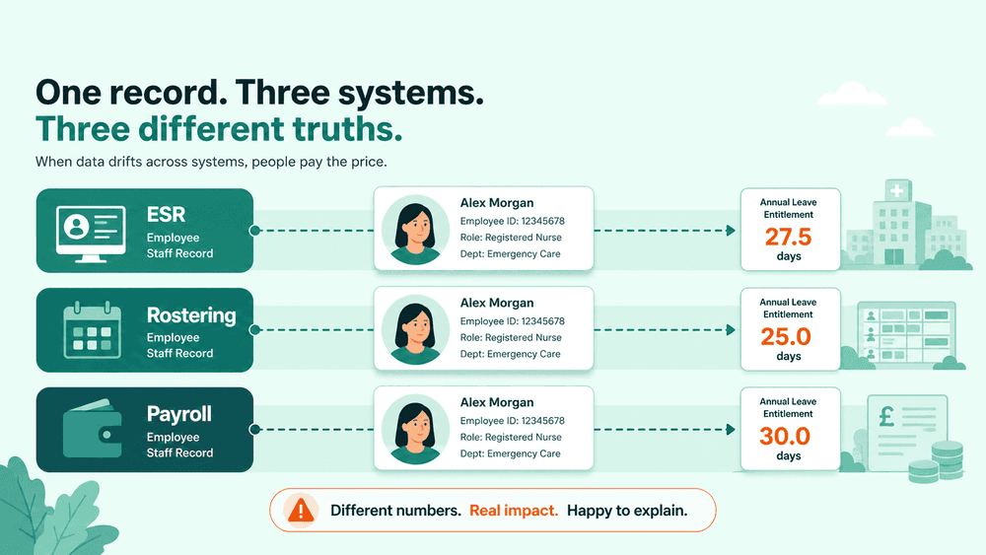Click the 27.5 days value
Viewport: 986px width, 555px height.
point(788,237)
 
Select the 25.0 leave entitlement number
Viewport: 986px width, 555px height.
point(786,337)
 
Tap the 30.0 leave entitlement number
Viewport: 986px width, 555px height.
point(785,436)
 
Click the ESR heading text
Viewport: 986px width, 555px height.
point(166,214)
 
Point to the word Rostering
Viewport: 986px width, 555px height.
point(191,314)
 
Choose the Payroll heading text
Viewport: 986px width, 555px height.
point(179,414)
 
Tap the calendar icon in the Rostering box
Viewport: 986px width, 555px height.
point(93,330)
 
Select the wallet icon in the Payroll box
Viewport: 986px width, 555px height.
point(92,429)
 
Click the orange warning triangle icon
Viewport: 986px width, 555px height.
point(301,510)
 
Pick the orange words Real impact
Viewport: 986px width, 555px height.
point(514,511)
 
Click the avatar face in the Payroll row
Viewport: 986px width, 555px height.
point(415,429)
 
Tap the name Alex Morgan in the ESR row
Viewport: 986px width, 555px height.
point(497,203)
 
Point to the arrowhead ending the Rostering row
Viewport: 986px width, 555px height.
point(731,330)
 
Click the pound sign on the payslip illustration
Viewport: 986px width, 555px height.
point(886,416)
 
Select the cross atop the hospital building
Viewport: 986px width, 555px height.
point(897,190)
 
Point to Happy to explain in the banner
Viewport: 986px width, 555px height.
point(627,511)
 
